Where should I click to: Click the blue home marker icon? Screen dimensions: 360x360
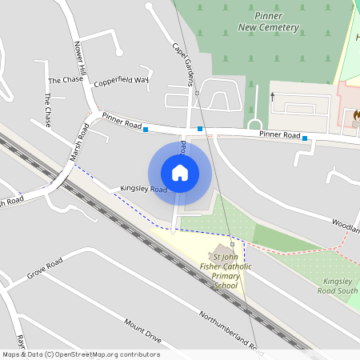(180, 172)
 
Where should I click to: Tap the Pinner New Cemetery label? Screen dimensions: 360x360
(268, 22)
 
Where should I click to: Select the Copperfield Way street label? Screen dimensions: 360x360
(121, 82)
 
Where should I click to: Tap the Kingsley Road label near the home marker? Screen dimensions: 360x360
(143, 189)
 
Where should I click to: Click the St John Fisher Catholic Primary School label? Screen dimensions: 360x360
(226, 271)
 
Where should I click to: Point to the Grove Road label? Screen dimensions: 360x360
(44, 270)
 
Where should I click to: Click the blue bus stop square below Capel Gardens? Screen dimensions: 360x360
(200, 128)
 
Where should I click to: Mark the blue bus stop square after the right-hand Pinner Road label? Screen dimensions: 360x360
(305, 138)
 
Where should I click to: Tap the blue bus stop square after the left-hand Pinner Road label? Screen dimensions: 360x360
(146, 129)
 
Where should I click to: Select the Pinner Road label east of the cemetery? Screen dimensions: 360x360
(279, 134)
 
